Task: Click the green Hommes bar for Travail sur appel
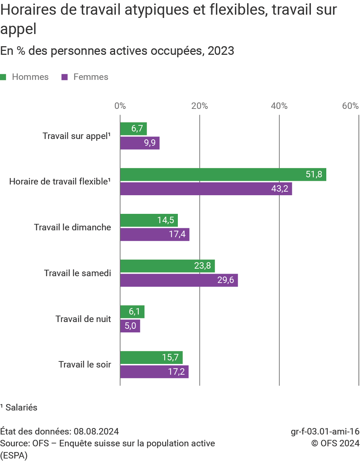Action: click(x=133, y=129)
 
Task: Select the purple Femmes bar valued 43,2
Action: click(x=206, y=189)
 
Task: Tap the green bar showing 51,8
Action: click(x=223, y=174)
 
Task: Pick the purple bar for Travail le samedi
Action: click(x=179, y=280)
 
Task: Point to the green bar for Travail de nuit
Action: click(x=132, y=312)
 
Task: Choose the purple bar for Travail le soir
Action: click(x=154, y=372)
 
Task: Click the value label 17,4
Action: click(x=177, y=235)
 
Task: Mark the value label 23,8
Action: click(x=203, y=266)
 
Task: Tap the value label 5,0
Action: click(x=130, y=326)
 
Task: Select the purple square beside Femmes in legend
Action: click(x=65, y=77)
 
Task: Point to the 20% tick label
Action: click(x=200, y=106)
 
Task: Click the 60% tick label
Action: click(x=350, y=106)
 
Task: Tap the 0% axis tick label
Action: click(x=120, y=106)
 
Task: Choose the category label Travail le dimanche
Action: click(x=72, y=227)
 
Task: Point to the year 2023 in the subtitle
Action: click(x=221, y=51)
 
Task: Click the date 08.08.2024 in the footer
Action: click(x=96, y=431)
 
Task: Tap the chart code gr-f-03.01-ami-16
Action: click(x=325, y=431)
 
